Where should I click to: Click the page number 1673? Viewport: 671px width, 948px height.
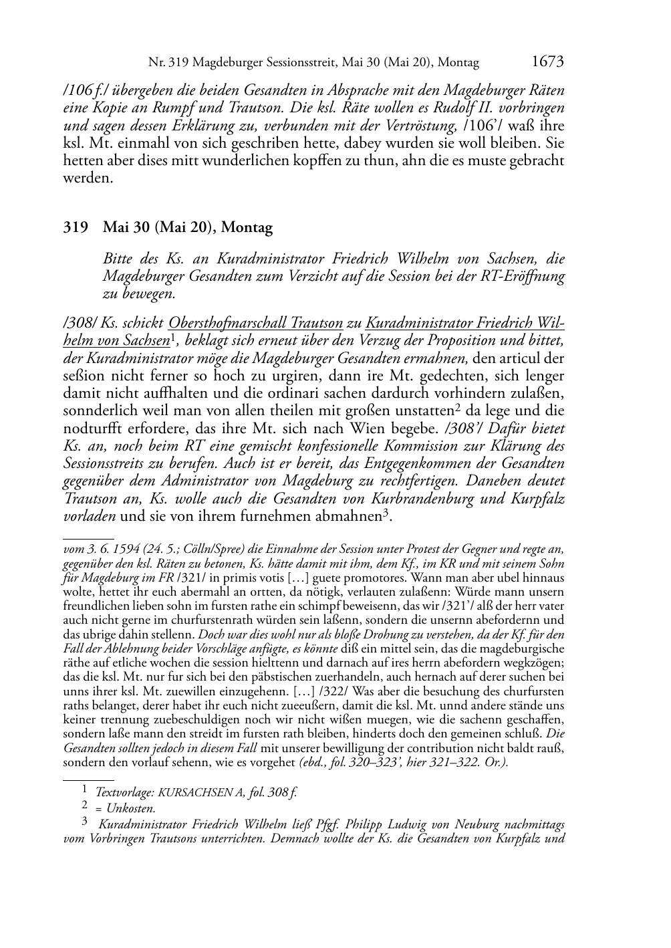click(x=547, y=62)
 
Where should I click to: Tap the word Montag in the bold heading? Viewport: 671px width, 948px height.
click(x=247, y=228)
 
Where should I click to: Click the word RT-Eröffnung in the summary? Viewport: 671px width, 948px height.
click(x=523, y=276)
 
